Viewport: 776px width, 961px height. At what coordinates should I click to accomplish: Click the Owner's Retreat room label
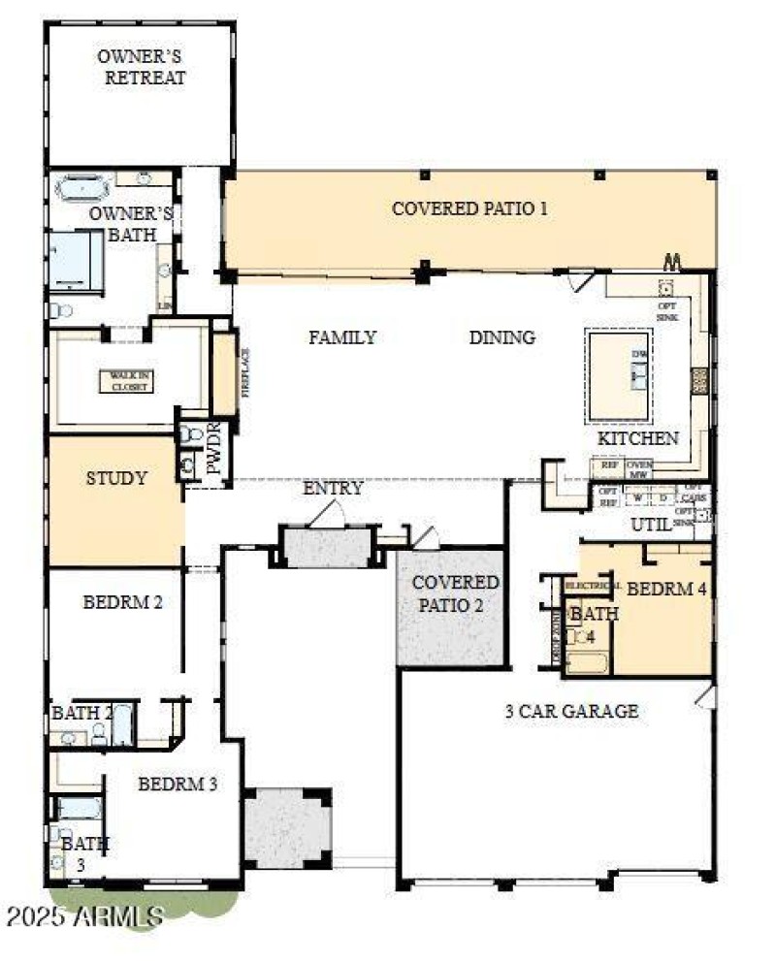tap(141, 67)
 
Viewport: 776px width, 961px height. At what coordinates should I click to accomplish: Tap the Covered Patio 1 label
tap(469, 208)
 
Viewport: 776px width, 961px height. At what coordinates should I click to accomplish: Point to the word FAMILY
tap(342, 337)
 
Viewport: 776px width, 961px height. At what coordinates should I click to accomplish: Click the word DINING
tap(501, 337)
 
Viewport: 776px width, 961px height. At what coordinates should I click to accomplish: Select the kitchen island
tap(619, 373)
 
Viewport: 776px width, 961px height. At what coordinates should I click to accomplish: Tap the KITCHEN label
tap(637, 438)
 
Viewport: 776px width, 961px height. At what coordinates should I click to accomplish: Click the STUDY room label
tap(116, 478)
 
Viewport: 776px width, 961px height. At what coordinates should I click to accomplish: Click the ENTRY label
tap(333, 488)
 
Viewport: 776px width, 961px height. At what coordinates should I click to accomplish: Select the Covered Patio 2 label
tap(455, 593)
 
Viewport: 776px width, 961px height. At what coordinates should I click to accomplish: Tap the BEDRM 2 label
tap(122, 601)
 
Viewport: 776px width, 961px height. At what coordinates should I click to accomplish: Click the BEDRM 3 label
tap(177, 785)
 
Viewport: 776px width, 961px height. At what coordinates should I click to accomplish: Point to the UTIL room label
tap(651, 526)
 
